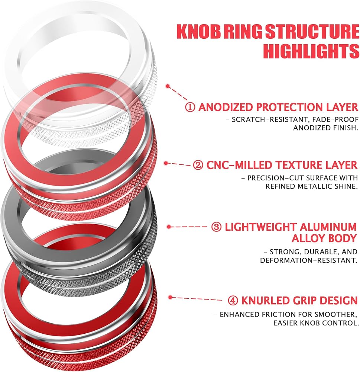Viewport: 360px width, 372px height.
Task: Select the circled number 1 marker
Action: [x=190, y=107]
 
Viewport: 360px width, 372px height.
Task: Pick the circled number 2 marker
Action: [x=198, y=165]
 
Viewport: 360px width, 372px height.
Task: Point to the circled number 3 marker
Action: [x=216, y=227]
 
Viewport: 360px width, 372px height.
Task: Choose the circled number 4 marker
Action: [x=233, y=301]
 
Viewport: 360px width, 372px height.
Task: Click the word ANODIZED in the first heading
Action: [x=226, y=107]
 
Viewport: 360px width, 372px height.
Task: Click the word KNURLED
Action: [x=266, y=301]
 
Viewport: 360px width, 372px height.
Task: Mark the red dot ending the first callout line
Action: [x=168, y=86]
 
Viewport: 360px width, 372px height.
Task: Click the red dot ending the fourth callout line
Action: [x=170, y=297]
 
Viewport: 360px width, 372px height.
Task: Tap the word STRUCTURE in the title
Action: [x=312, y=31]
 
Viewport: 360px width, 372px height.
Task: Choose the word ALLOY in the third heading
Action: [x=308, y=238]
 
